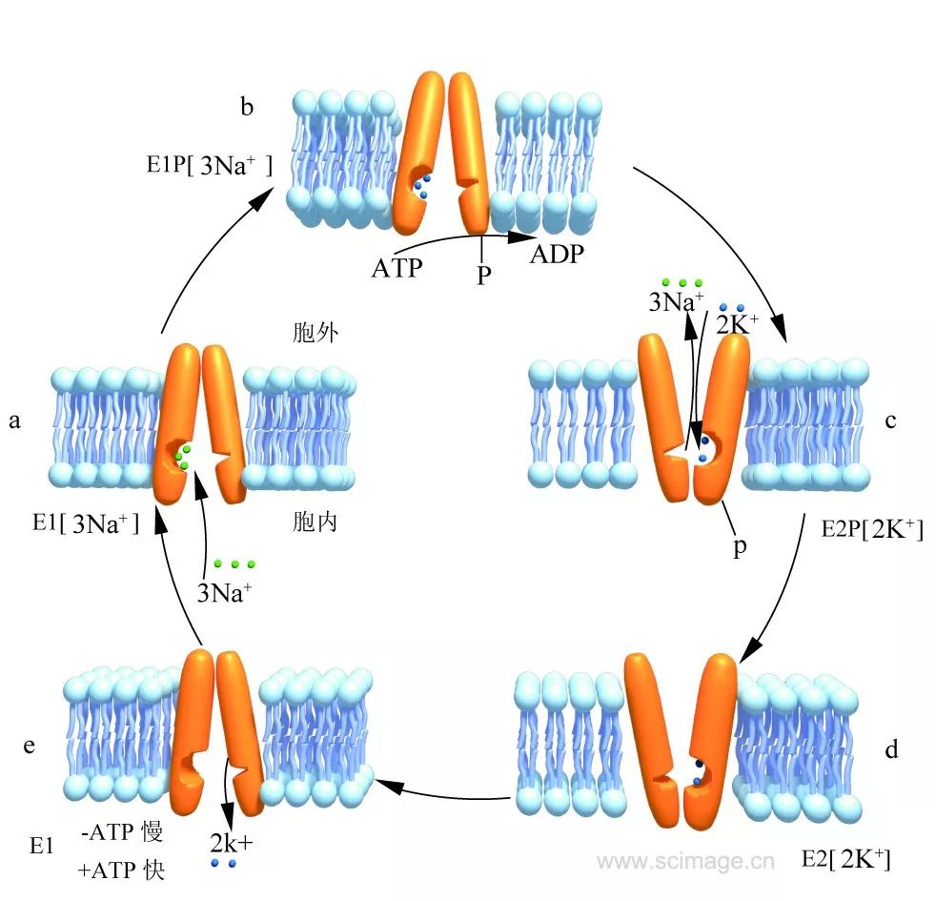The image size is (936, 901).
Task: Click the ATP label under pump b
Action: tap(397, 268)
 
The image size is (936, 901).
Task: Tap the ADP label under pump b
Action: tap(557, 255)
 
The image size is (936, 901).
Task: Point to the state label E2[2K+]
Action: tap(845, 860)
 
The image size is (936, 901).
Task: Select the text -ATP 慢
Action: tap(123, 832)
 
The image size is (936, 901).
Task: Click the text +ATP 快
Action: tap(122, 870)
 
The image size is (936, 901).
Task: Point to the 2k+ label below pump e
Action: tap(232, 843)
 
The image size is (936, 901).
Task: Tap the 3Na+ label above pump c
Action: tap(676, 303)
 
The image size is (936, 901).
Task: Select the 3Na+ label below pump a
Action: tap(225, 592)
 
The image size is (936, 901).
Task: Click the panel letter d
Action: tap(892, 749)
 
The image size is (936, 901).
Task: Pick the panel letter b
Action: tap(247, 106)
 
